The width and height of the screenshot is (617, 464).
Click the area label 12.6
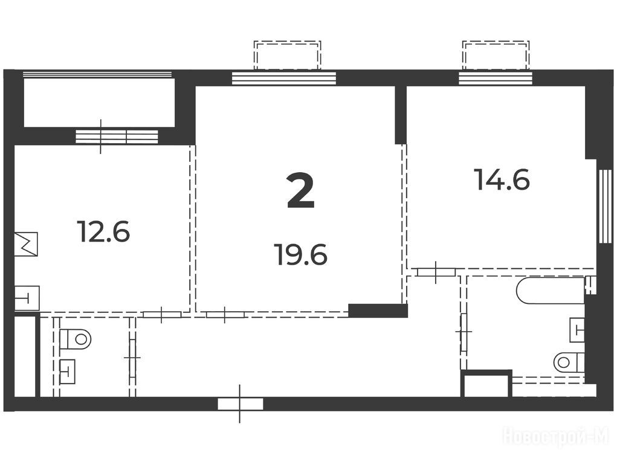click(103, 231)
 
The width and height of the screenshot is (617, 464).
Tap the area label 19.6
click(302, 254)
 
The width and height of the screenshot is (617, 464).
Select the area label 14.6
click(502, 179)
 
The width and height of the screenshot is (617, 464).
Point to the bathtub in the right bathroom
click(551, 291)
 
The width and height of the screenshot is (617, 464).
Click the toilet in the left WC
click(75, 339)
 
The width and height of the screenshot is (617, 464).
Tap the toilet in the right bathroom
click(569, 362)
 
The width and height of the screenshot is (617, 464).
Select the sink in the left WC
click(68, 371)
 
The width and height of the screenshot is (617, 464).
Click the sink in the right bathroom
click(577, 330)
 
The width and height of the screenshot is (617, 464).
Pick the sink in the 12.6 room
click(27, 298)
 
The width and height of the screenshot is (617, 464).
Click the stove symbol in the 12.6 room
click(26, 244)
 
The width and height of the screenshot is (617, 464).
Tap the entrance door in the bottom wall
click(241, 404)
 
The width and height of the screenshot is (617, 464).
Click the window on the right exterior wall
click(606, 206)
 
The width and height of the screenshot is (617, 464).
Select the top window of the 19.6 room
click(283, 78)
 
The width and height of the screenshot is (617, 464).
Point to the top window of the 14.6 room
click(495, 78)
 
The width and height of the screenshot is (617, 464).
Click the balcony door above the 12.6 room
click(117, 137)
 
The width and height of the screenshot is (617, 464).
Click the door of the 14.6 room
click(436, 272)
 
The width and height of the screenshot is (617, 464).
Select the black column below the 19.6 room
click(378, 311)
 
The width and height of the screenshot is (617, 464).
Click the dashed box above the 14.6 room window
click(496, 56)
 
